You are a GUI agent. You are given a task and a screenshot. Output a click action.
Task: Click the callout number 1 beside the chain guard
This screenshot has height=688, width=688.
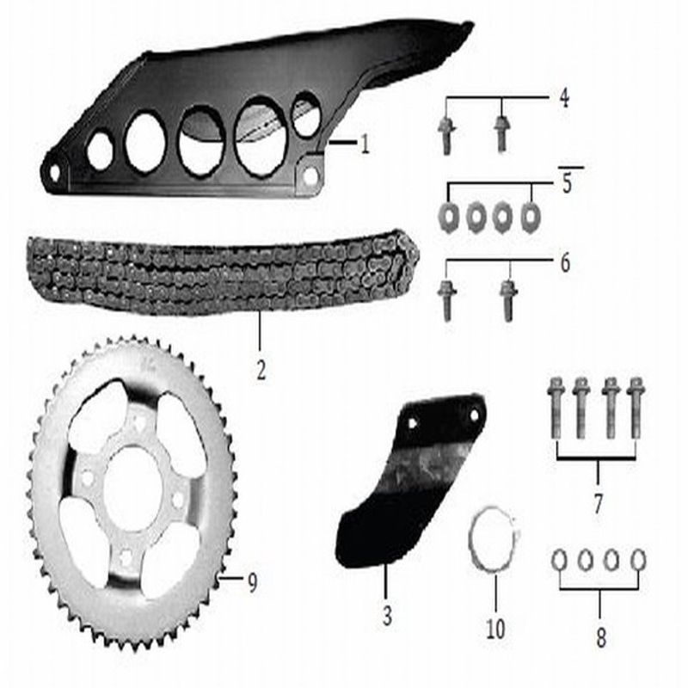[365, 144]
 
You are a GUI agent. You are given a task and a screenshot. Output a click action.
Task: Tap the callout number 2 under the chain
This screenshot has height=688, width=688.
[261, 371]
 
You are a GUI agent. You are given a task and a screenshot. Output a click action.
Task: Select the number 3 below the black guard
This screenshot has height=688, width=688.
[386, 615]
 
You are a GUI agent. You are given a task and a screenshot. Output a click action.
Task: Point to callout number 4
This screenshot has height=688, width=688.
[564, 98]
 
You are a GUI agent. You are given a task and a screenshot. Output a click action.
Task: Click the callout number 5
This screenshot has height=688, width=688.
[567, 183]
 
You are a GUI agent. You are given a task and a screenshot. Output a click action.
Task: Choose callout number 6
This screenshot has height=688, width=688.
[565, 263]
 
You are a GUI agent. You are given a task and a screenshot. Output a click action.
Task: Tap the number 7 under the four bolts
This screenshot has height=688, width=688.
[599, 503]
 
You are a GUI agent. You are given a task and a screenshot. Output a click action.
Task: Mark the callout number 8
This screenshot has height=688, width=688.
[600, 636]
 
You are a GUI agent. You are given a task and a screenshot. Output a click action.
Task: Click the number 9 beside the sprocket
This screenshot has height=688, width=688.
[252, 582]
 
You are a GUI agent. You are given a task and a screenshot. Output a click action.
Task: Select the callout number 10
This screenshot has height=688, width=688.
[495, 629]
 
